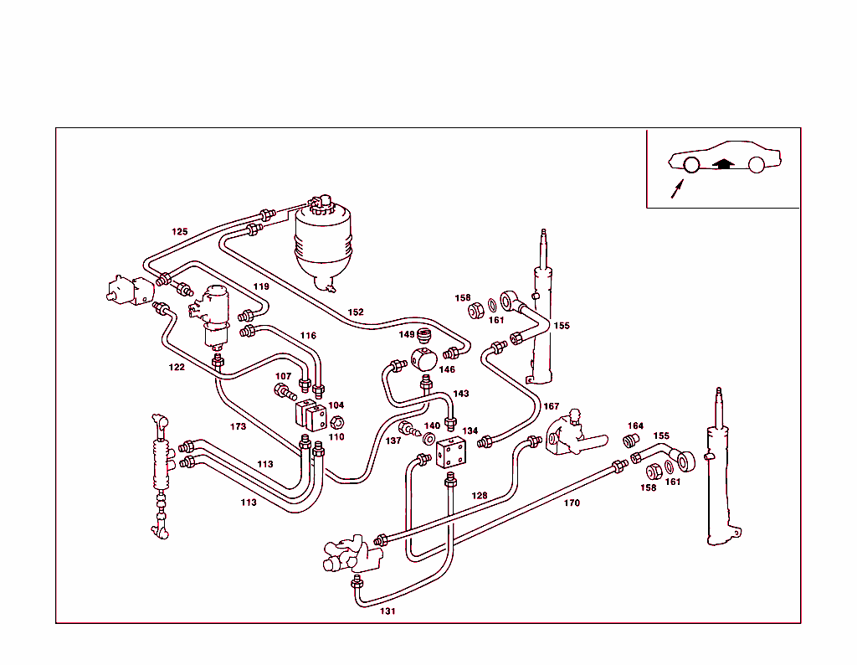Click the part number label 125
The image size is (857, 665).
click(x=180, y=232)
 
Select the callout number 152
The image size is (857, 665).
click(x=356, y=312)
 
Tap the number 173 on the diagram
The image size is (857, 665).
click(x=239, y=426)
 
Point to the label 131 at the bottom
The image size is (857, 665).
click(x=387, y=611)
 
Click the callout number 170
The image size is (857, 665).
click(x=572, y=503)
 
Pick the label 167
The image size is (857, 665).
click(x=552, y=407)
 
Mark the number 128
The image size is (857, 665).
click(x=479, y=496)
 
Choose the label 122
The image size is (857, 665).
click(x=177, y=367)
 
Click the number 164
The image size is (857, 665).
click(x=635, y=426)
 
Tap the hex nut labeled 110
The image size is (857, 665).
click(x=337, y=422)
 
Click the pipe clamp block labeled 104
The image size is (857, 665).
click(x=309, y=414)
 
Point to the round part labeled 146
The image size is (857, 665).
click(x=425, y=361)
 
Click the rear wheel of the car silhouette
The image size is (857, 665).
click(x=757, y=165)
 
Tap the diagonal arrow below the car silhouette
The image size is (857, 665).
click(x=677, y=188)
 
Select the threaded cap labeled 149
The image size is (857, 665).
click(x=425, y=338)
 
